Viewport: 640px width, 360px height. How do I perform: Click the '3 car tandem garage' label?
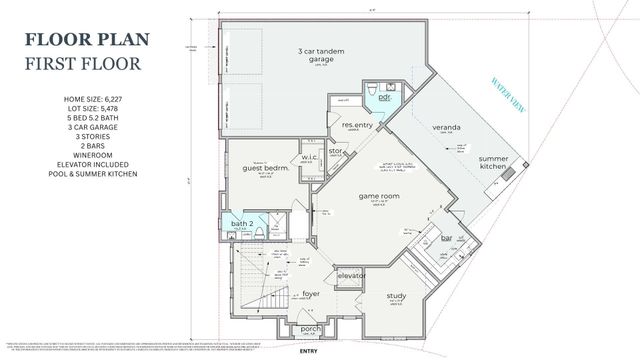[x=316, y=56]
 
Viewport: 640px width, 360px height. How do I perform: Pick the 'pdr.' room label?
[x=383, y=101]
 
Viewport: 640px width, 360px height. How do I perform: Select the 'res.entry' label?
[x=357, y=125]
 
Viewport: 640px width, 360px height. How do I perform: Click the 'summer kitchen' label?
[x=493, y=165]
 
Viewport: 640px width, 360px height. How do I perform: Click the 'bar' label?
[x=447, y=237]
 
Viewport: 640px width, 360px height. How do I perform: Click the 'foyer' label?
[x=311, y=294]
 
